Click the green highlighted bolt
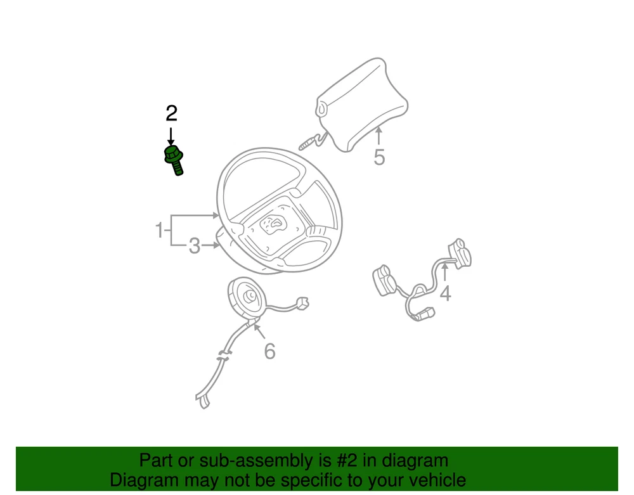tap(174, 160)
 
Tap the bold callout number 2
tap(171, 113)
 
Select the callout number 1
tap(159, 230)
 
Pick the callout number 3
tap(195, 246)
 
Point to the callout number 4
tap(445, 293)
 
